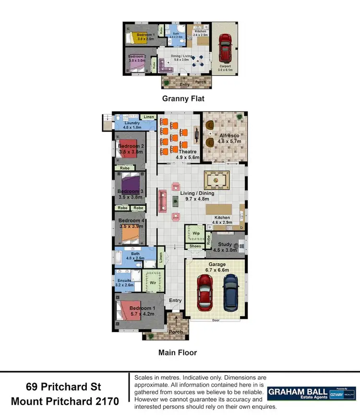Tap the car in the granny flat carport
click(225, 46)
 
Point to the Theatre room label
click(175, 152)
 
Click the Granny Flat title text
click(183, 99)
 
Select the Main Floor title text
click(178, 352)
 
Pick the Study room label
click(225, 245)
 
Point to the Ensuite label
click(122, 280)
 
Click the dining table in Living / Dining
click(217, 179)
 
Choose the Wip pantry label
click(196, 234)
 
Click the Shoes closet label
click(195, 246)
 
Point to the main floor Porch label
click(176, 332)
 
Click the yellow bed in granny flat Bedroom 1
click(135, 37)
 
